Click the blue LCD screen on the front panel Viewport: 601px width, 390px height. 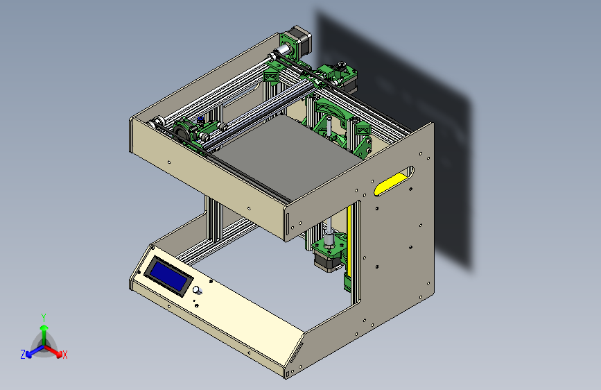pyautogui.click(x=168, y=276)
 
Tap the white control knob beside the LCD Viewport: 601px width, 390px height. pyautogui.click(x=198, y=291)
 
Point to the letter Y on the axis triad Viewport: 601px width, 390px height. pyautogui.click(x=44, y=318)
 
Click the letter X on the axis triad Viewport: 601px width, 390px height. pyautogui.click(x=64, y=355)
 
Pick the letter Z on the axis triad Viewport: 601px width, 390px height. pyautogui.click(x=23, y=355)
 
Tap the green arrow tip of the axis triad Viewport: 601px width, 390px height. pyautogui.click(x=44, y=328)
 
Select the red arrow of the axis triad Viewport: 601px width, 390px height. pyautogui.click(x=53, y=350)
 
